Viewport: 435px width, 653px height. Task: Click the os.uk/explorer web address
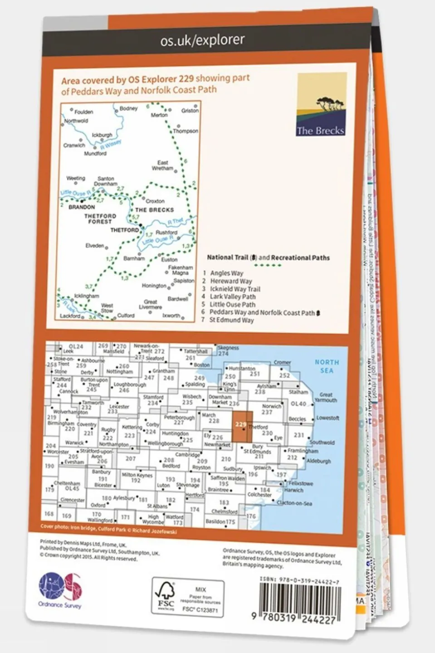[x=202, y=40]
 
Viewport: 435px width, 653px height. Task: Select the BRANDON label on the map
[x=82, y=207]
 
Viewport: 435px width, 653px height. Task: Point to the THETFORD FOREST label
[x=100, y=219]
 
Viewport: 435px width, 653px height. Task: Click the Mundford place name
[x=95, y=154]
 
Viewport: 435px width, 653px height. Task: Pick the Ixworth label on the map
[x=171, y=315]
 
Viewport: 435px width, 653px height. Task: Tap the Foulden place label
[x=83, y=112]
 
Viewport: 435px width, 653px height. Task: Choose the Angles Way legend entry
[x=226, y=273]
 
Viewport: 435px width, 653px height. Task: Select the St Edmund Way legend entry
[x=231, y=320]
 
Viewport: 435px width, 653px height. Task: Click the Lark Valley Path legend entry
[x=232, y=297]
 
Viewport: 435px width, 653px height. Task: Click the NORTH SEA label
[x=326, y=366]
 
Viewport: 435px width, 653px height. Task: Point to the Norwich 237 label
[x=271, y=409]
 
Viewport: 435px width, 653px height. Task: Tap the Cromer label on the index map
[x=282, y=363]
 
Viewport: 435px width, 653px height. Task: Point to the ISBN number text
[x=299, y=580]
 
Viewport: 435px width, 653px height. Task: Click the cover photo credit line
[x=108, y=529]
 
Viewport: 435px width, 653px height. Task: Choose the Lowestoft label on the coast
[x=327, y=418]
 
